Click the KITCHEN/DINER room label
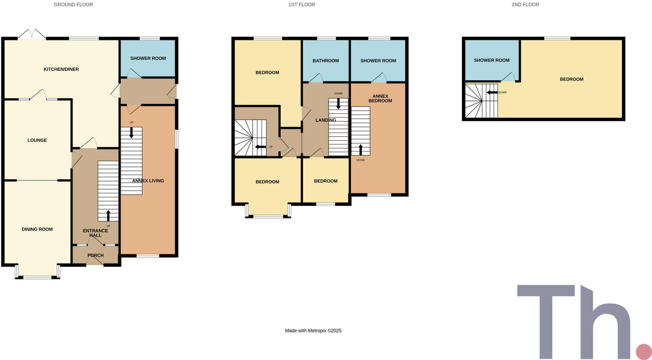[x=61, y=69]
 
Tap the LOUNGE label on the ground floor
[x=37, y=140]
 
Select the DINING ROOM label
[x=37, y=229]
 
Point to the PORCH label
[x=96, y=255]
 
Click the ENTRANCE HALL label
[x=96, y=233]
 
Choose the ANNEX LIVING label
[x=148, y=181]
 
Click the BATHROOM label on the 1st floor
[x=326, y=61]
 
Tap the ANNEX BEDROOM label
[x=380, y=98]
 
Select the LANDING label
[x=326, y=120]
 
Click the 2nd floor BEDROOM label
[x=571, y=79]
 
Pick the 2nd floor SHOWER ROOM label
[x=492, y=60]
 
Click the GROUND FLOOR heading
[x=74, y=5]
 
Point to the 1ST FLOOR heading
[x=302, y=5]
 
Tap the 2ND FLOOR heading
[x=525, y=5]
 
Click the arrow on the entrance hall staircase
[x=108, y=215]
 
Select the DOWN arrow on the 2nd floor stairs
[x=492, y=92]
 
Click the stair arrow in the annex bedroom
[x=361, y=149]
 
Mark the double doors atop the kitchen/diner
[x=32, y=34]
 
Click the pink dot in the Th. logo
[x=644, y=352]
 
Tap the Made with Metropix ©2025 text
[x=313, y=331]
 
